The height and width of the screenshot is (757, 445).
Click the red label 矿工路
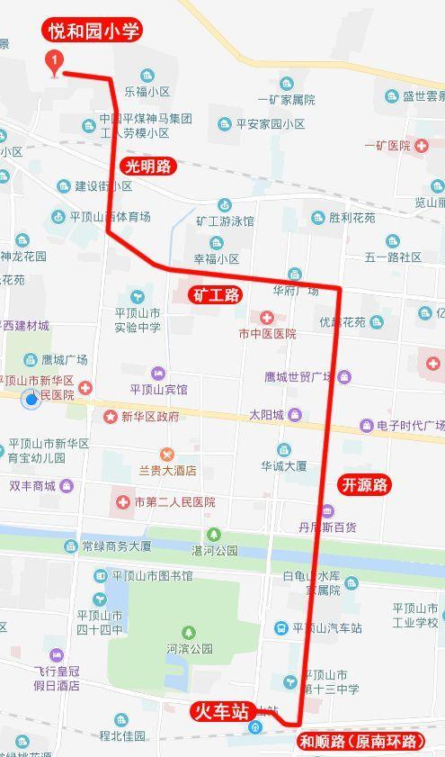click(x=216, y=294)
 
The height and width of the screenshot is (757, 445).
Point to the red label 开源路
click(x=365, y=485)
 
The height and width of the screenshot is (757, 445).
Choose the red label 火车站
click(x=221, y=711)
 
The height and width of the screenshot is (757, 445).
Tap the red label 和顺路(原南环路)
click(x=360, y=742)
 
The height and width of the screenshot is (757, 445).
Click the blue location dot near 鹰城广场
click(x=32, y=398)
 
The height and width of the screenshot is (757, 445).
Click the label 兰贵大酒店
click(x=167, y=470)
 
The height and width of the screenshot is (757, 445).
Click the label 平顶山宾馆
click(x=158, y=390)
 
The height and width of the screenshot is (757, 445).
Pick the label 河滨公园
click(x=189, y=647)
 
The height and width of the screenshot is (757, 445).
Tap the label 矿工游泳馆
click(x=225, y=220)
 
